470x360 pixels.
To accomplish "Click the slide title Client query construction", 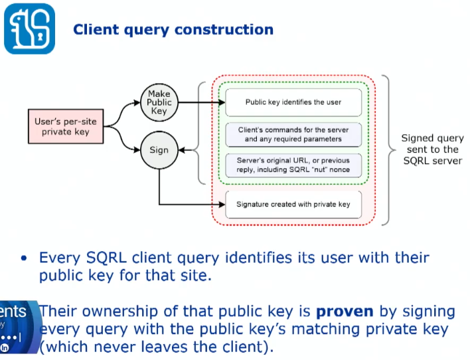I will [x=173, y=30].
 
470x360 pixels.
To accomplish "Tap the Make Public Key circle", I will [x=159, y=102].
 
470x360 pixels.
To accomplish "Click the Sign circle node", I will [x=159, y=150].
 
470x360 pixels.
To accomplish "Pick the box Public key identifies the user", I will [x=293, y=102].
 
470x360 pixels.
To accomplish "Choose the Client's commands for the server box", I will [x=293, y=134].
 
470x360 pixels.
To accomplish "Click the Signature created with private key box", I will [x=293, y=205].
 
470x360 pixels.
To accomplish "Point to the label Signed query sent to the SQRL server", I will [x=432, y=149].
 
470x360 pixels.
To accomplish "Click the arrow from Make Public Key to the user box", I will [x=199, y=102].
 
